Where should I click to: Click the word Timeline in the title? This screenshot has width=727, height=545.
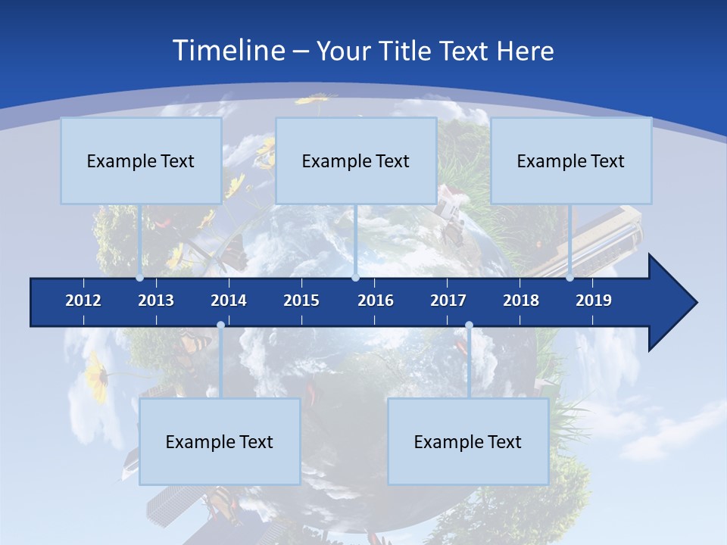227,51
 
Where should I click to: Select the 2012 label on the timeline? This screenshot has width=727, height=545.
83,301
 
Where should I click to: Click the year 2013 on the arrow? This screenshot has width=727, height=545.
156,301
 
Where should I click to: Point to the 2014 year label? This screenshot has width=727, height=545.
229,301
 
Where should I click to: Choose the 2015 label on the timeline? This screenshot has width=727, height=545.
301,301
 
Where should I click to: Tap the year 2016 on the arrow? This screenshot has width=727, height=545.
376,301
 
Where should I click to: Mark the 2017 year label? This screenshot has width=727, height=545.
448,301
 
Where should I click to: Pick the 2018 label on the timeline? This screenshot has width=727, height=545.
521,301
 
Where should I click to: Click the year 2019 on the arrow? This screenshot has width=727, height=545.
594,301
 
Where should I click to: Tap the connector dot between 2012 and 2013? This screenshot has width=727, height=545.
140,278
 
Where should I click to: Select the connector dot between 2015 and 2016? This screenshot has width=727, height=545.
355,278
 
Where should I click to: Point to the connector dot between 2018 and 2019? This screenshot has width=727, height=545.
570,278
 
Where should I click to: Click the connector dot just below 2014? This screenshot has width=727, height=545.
220,325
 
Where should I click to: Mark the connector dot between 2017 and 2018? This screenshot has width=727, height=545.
469,325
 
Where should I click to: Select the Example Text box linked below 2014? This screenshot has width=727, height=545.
220,441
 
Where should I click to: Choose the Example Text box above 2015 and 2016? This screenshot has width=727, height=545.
356,160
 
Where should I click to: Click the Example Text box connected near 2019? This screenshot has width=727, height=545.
571,160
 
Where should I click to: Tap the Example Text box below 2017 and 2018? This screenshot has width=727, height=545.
468,441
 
